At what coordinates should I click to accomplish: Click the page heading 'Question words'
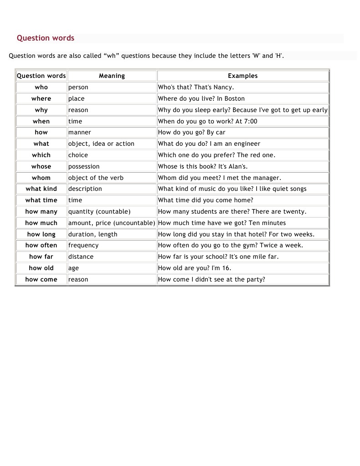pyautogui.click(x=46, y=38)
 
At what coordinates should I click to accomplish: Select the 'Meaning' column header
pyautogui.click(x=112, y=76)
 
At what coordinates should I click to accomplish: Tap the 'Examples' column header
pyautogui.click(x=243, y=76)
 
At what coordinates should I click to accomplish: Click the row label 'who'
pyautogui.click(x=41, y=87)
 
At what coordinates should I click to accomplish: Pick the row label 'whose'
pyautogui.click(x=41, y=167)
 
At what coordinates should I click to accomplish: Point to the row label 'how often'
pyautogui.click(x=41, y=246)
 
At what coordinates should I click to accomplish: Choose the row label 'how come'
pyautogui.click(x=41, y=280)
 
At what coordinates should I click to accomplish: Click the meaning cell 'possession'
pyautogui.click(x=84, y=167)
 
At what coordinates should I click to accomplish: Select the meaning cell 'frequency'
pyautogui.click(x=83, y=246)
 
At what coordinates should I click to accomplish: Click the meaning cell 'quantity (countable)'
pyautogui.click(x=99, y=212)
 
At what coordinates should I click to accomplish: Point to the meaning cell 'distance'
pyautogui.click(x=81, y=257)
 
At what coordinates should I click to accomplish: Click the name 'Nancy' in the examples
pyautogui.click(x=223, y=87)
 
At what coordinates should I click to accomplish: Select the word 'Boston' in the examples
pyautogui.click(x=234, y=99)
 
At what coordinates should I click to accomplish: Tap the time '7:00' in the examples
pyautogui.click(x=250, y=122)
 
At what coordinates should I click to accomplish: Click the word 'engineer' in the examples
pyautogui.click(x=246, y=144)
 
